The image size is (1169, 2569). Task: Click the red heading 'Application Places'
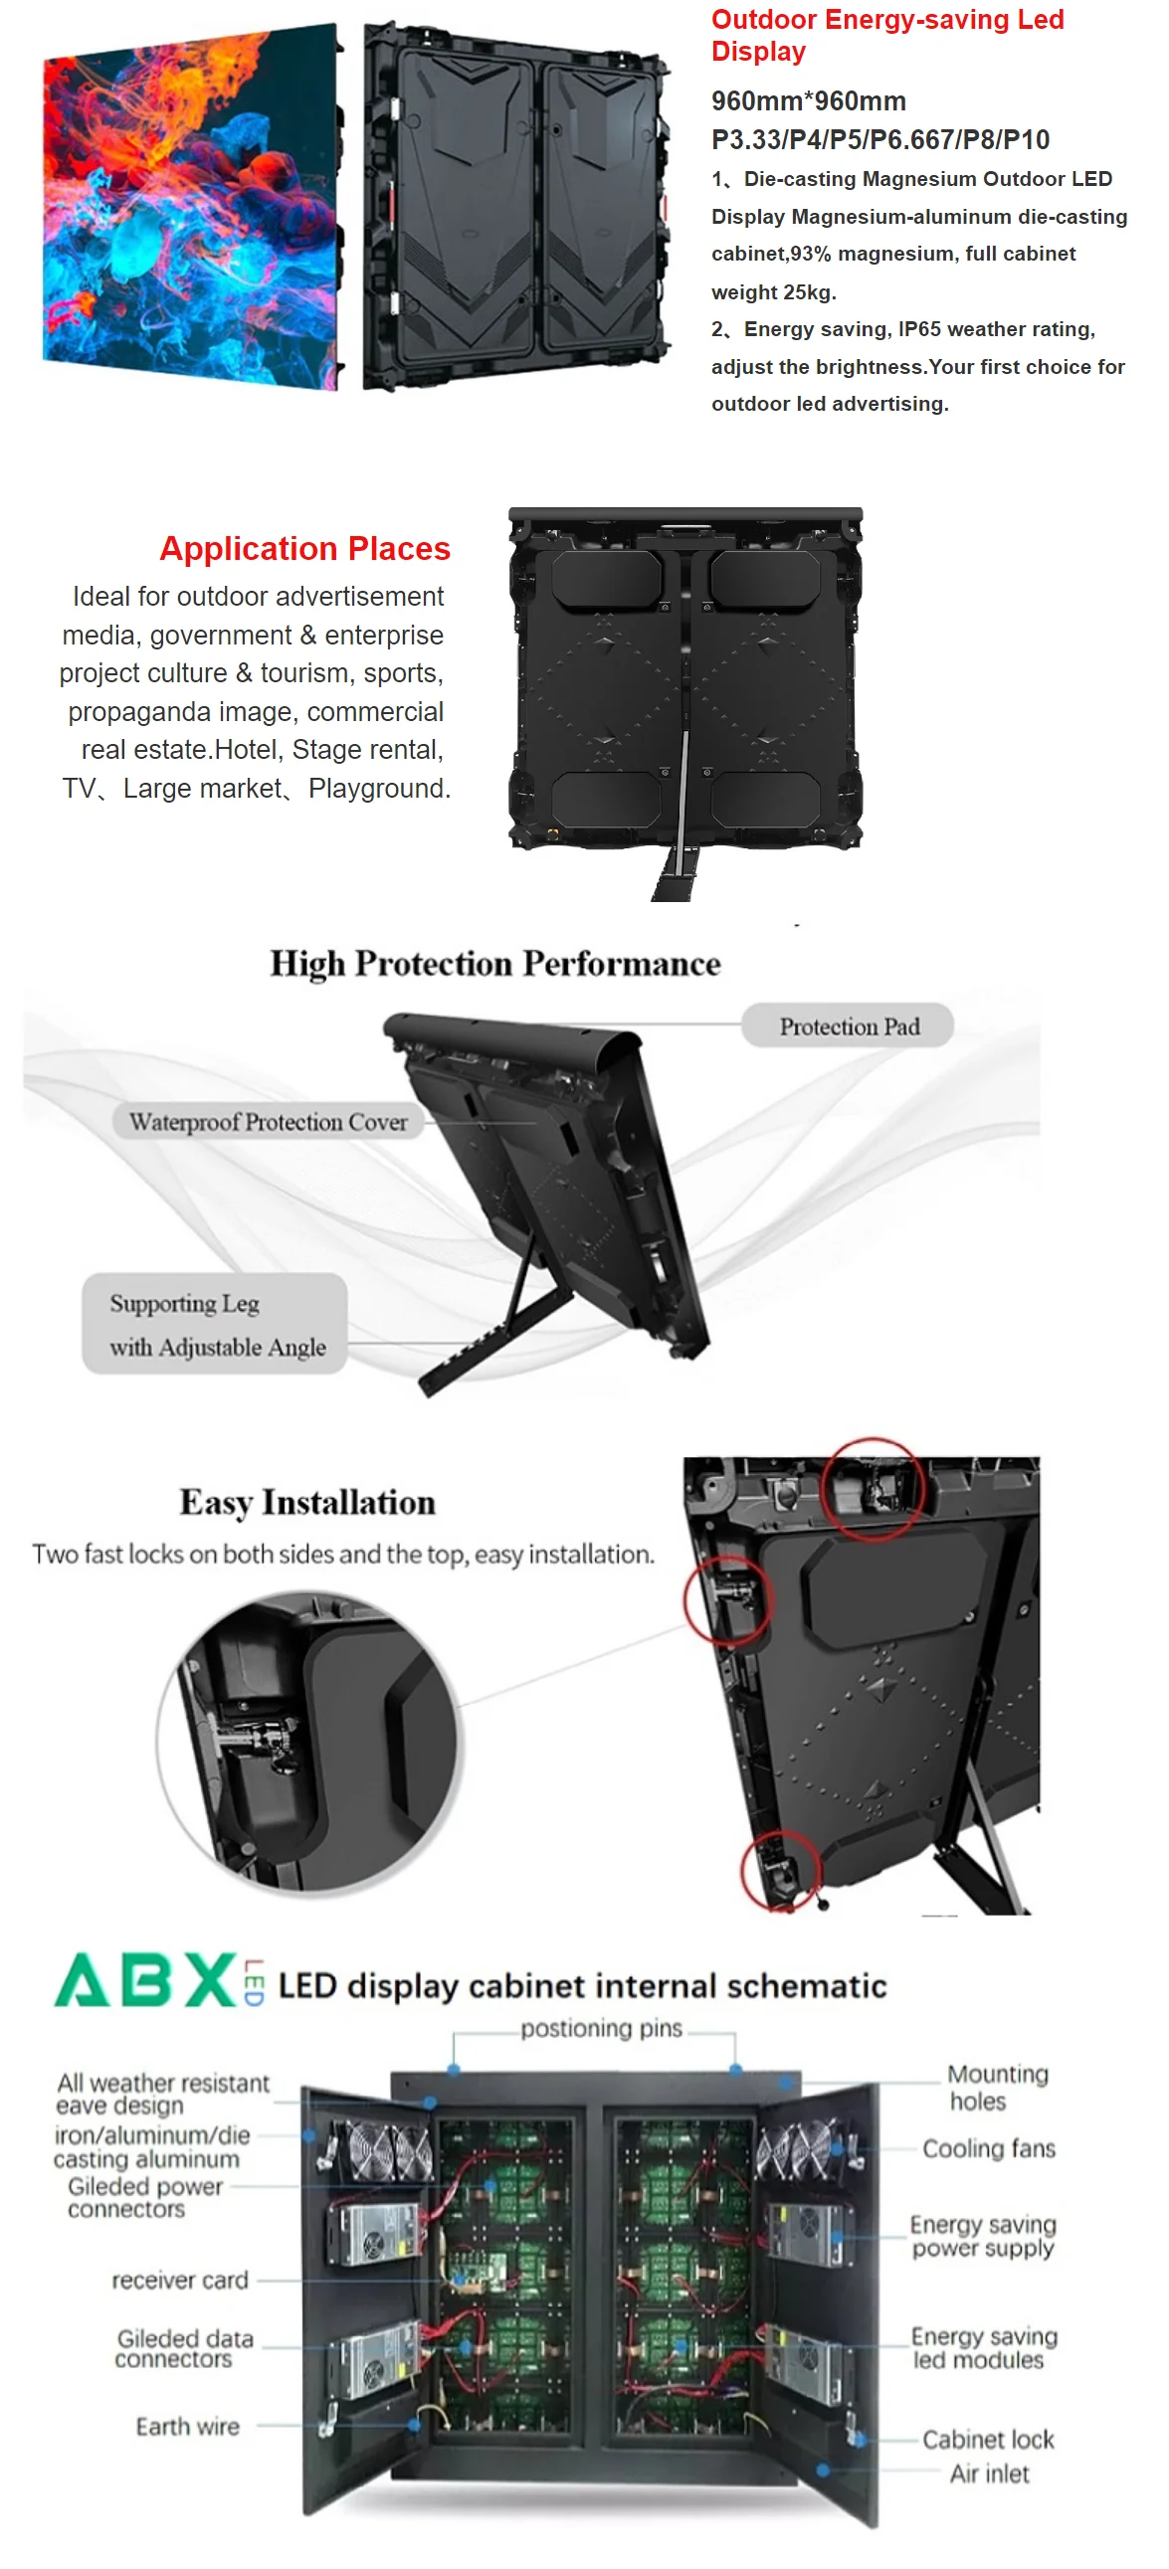click(304, 548)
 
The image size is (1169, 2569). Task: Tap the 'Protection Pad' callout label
click(849, 1026)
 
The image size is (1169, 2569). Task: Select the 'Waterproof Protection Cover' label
click(269, 1122)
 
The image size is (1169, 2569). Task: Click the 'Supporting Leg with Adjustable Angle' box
click(215, 1325)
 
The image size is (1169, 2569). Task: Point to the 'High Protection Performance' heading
click(494, 964)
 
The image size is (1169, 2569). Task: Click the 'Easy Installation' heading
click(307, 1503)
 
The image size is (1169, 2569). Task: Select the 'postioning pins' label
click(602, 2029)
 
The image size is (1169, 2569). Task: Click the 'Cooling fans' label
click(989, 2148)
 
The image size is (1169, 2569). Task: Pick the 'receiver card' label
click(179, 2280)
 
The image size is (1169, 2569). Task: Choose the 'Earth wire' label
click(187, 2427)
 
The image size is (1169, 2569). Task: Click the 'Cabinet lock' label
click(988, 2440)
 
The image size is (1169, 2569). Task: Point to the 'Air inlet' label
click(990, 2474)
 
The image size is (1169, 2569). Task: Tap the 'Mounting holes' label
click(998, 2088)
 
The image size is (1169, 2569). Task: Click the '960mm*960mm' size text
click(808, 100)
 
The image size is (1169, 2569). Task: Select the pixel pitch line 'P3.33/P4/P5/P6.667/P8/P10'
click(879, 139)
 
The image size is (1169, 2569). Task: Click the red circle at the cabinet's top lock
click(873, 1489)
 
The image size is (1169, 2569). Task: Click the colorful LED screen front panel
click(189, 205)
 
